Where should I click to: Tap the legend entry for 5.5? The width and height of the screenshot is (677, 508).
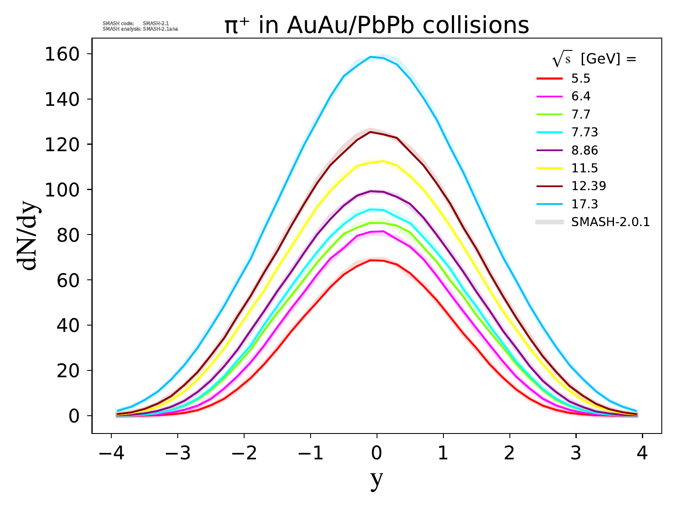click(x=581, y=78)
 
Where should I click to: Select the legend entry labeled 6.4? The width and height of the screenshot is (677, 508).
click(x=581, y=97)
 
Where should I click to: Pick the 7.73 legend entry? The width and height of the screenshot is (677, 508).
click(x=584, y=133)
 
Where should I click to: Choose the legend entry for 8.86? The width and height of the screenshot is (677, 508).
click(x=584, y=150)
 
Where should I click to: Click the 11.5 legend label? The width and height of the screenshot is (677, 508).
click(x=584, y=168)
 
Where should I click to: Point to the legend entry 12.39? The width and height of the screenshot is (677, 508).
click(x=588, y=186)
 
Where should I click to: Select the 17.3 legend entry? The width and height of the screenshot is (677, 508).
click(x=584, y=204)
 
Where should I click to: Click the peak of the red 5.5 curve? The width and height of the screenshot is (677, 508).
click(x=371, y=260)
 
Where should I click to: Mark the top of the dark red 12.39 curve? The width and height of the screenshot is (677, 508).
click(x=370, y=132)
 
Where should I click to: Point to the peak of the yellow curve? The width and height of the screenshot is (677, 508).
click(x=383, y=161)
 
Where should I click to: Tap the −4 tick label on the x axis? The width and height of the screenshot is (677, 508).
click(x=111, y=454)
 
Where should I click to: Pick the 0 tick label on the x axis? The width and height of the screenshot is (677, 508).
click(x=377, y=454)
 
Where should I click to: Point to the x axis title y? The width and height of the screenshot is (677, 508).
click(x=377, y=479)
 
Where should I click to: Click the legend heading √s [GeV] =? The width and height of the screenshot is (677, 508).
click(x=594, y=60)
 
